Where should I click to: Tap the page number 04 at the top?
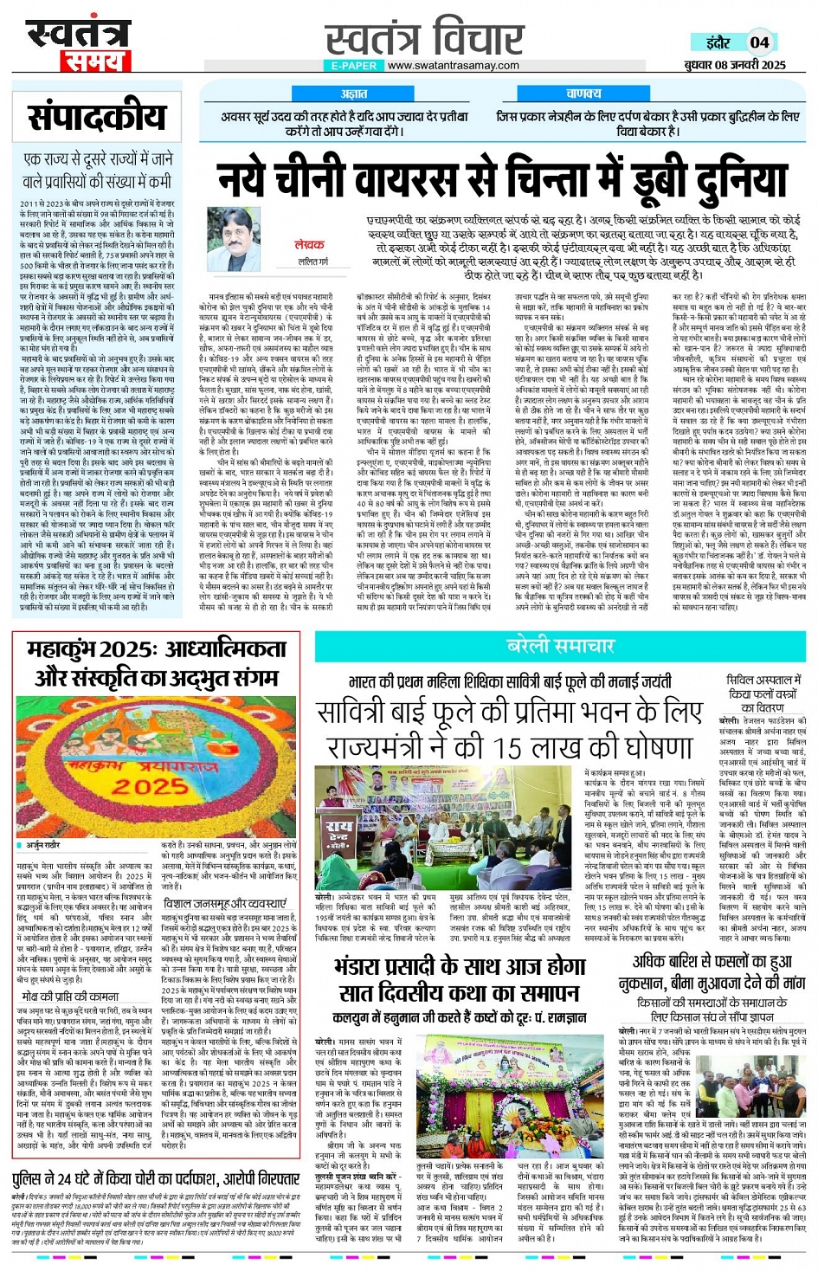point(759,42)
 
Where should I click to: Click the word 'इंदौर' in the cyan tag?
point(718,42)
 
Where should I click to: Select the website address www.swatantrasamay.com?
point(453,66)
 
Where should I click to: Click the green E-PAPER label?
point(354,66)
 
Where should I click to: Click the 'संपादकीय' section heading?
point(97,116)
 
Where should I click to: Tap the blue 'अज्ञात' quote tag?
point(353,94)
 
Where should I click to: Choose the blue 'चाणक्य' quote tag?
point(583,94)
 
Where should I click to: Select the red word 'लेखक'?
point(309,245)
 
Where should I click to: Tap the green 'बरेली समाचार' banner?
point(560,646)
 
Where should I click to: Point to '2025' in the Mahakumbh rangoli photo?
point(151,786)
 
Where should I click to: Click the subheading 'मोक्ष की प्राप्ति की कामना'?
point(70,997)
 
